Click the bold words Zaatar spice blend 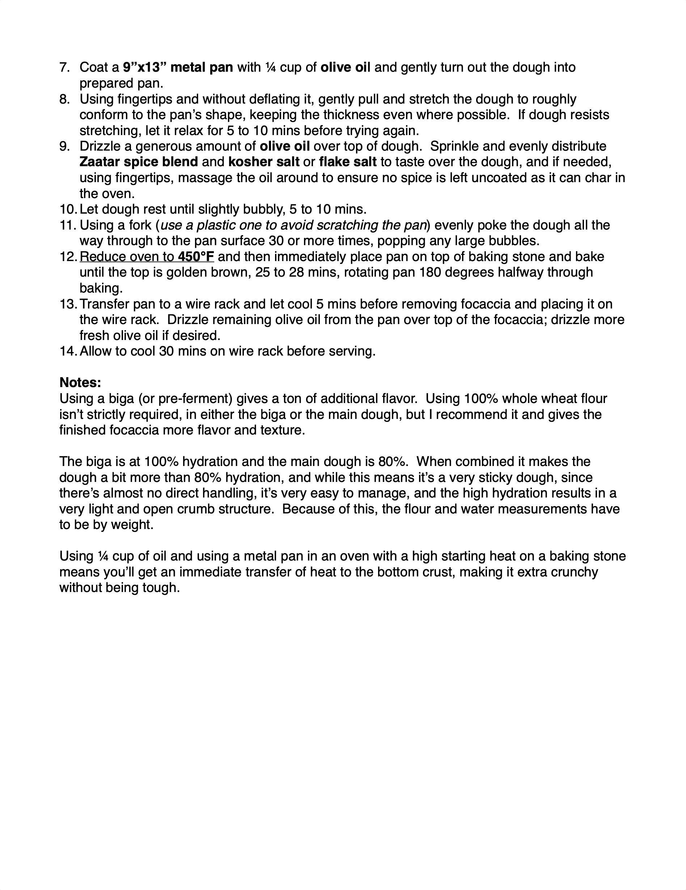[x=139, y=162]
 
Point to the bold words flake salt [x=348, y=162]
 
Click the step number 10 [x=67, y=209]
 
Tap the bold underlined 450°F [x=196, y=257]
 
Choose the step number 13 [x=67, y=304]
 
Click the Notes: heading [x=80, y=383]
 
